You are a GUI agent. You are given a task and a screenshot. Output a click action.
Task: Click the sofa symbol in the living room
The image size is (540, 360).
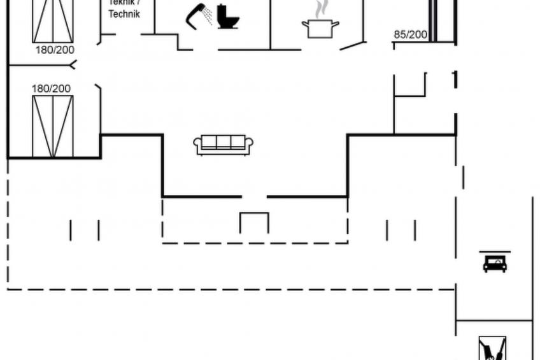click(x=224, y=145)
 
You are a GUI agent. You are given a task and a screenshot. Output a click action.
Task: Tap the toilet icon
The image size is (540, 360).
click(x=227, y=17)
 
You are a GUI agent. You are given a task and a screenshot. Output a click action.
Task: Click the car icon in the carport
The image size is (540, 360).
click(x=495, y=263)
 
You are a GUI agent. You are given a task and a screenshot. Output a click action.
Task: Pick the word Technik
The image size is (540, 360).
click(x=124, y=14)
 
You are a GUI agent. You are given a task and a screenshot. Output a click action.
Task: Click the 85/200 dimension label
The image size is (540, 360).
click(x=410, y=34)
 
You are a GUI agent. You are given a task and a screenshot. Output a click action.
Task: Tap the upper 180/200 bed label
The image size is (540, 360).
click(x=54, y=49)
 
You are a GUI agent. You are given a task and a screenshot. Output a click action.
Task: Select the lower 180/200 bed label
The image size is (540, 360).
click(x=52, y=89)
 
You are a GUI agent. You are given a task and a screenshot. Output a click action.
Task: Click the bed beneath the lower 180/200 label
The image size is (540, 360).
click(x=53, y=126)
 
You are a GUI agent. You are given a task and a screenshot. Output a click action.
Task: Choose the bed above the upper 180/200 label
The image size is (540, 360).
click(x=53, y=20)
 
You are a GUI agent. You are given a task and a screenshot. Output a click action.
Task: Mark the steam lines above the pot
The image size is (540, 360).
click(x=320, y=8)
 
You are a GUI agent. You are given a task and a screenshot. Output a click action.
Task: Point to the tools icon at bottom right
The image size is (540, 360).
click(x=492, y=349)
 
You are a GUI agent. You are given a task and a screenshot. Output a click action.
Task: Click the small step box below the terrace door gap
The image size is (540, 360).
click(x=254, y=222)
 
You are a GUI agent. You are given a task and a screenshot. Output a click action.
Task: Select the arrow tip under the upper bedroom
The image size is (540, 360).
click(x=74, y=64)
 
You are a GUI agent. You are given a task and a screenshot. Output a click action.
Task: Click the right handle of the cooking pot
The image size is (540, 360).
click(x=336, y=25)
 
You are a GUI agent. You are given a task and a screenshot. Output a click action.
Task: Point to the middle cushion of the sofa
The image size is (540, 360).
click(x=224, y=142)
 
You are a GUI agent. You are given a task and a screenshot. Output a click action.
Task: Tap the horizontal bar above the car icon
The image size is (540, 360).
click(x=495, y=252)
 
